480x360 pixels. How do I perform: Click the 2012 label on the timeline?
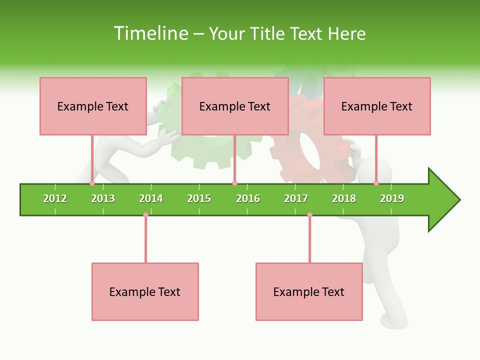(x=55, y=198)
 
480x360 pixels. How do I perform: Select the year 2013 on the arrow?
(x=103, y=198)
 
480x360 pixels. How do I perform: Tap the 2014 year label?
(x=151, y=198)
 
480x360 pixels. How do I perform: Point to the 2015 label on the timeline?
(x=199, y=198)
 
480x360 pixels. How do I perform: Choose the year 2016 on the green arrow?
(x=248, y=198)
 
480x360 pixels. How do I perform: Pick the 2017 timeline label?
(x=296, y=198)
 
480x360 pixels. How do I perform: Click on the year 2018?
(x=344, y=198)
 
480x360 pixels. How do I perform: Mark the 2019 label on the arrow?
(x=392, y=198)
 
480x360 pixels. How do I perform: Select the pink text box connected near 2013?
(x=93, y=106)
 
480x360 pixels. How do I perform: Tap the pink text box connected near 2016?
(x=235, y=106)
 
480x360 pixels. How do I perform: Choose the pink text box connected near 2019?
(x=377, y=106)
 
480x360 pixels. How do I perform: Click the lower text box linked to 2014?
(x=145, y=291)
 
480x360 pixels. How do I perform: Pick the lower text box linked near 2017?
(x=309, y=291)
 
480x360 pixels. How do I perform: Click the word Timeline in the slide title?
(x=150, y=33)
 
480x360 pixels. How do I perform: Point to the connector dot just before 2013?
(x=92, y=183)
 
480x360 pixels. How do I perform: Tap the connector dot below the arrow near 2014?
(x=145, y=215)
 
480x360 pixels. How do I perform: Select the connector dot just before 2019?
(x=376, y=183)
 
